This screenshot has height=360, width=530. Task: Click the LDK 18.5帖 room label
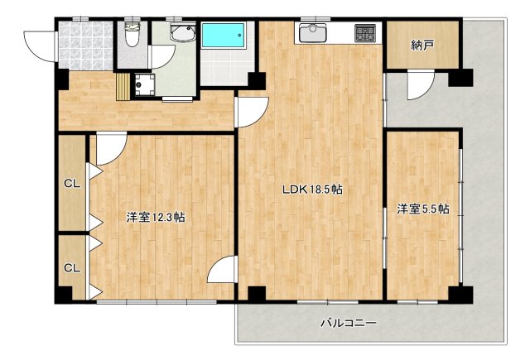(x=312, y=190)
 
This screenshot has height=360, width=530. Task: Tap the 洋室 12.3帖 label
(x=155, y=218)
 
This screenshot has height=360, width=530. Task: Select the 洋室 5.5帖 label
(x=422, y=209)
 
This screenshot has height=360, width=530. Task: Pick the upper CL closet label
(x=73, y=183)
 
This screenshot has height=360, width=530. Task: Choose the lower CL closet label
(x=73, y=267)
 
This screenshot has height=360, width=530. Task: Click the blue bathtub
(x=224, y=36)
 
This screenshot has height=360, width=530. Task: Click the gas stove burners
(x=365, y=33)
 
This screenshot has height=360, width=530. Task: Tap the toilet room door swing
(x=161, y=55)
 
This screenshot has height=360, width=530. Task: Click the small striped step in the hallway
(x=123, y=86)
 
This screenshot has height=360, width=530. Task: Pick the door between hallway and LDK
(x=251, y=111)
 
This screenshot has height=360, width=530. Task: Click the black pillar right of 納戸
(x=460, y=79)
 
